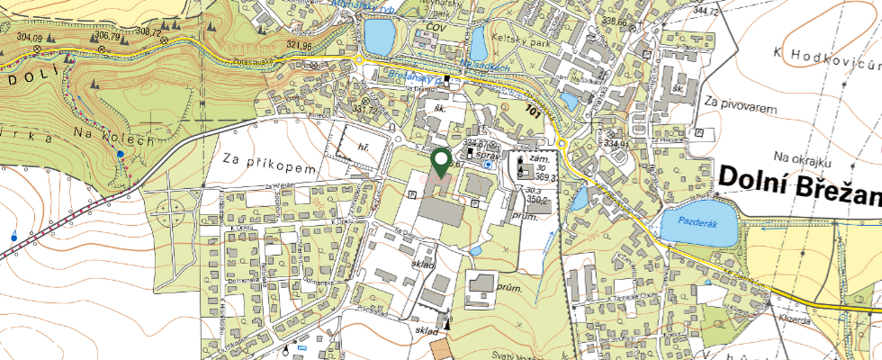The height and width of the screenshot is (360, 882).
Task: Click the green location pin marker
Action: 441,163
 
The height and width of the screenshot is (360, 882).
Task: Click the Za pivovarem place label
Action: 742,104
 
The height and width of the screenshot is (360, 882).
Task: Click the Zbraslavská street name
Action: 252,62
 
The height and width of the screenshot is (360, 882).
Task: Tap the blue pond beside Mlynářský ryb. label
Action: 379,37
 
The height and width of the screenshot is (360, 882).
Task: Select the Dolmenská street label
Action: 243,281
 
